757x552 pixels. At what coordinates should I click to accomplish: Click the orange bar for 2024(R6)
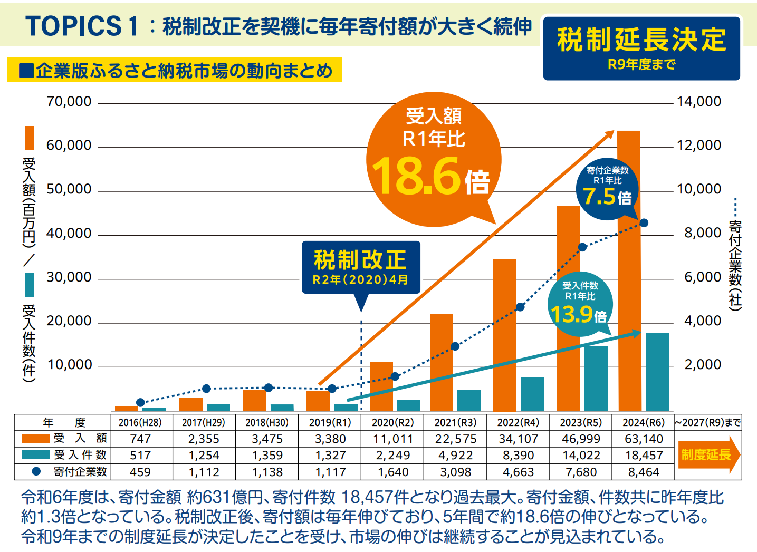pyautogui.click(x=628, y=274)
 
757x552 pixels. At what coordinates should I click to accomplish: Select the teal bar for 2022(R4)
pyautogui.click(x=532, y=394)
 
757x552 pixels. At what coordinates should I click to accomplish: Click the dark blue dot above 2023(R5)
pyautogui.click(x=582, y=247)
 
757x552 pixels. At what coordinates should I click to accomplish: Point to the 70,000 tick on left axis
pyautogui.click(x=69, y=101)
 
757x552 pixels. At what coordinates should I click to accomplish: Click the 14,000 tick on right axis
pyautogui.click(x=699, y=101)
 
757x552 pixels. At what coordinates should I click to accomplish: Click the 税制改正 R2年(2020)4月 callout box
pyautogui.click(x=361, y=267)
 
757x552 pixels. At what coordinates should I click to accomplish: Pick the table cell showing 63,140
pyautogui.click(x=644, y=439)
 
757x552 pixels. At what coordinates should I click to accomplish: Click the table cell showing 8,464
pyautogui.click(x=644, y=472)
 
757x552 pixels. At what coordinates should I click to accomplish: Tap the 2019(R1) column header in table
pyautogui.click(x=330, y=422)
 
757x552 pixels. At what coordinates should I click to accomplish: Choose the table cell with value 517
pyautogui.click(x=140, y=455)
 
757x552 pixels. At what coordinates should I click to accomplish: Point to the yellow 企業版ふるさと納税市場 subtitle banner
pyautogui.click(x=174, y=70)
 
